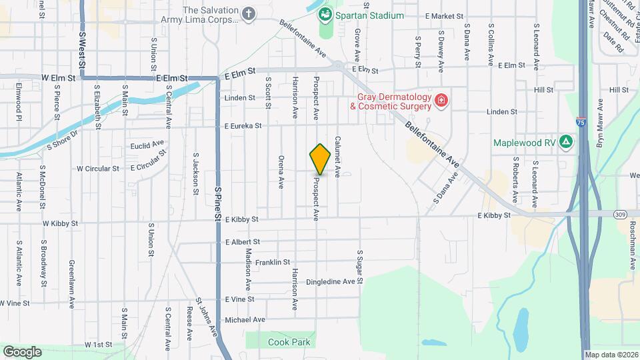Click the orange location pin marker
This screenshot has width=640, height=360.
tap(321, 159)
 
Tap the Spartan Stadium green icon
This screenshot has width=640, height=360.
tap(325, 14)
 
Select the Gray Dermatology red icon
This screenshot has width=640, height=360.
tap(441, 101)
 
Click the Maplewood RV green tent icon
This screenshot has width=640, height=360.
tap(565, 142)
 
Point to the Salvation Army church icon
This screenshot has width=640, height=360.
tap(249, 14)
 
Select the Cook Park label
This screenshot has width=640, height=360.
tap(289, 342)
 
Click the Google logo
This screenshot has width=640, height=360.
tap(22, 351)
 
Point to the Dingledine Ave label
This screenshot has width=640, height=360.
tap(330, 282)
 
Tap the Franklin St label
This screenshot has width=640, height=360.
tap(272, 263)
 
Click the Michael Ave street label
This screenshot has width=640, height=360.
tap(245, 320)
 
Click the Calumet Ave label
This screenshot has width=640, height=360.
tap(338, 157)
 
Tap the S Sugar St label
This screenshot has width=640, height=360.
tap(359, 267)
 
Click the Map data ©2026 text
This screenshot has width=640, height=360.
tap(611, 355)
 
